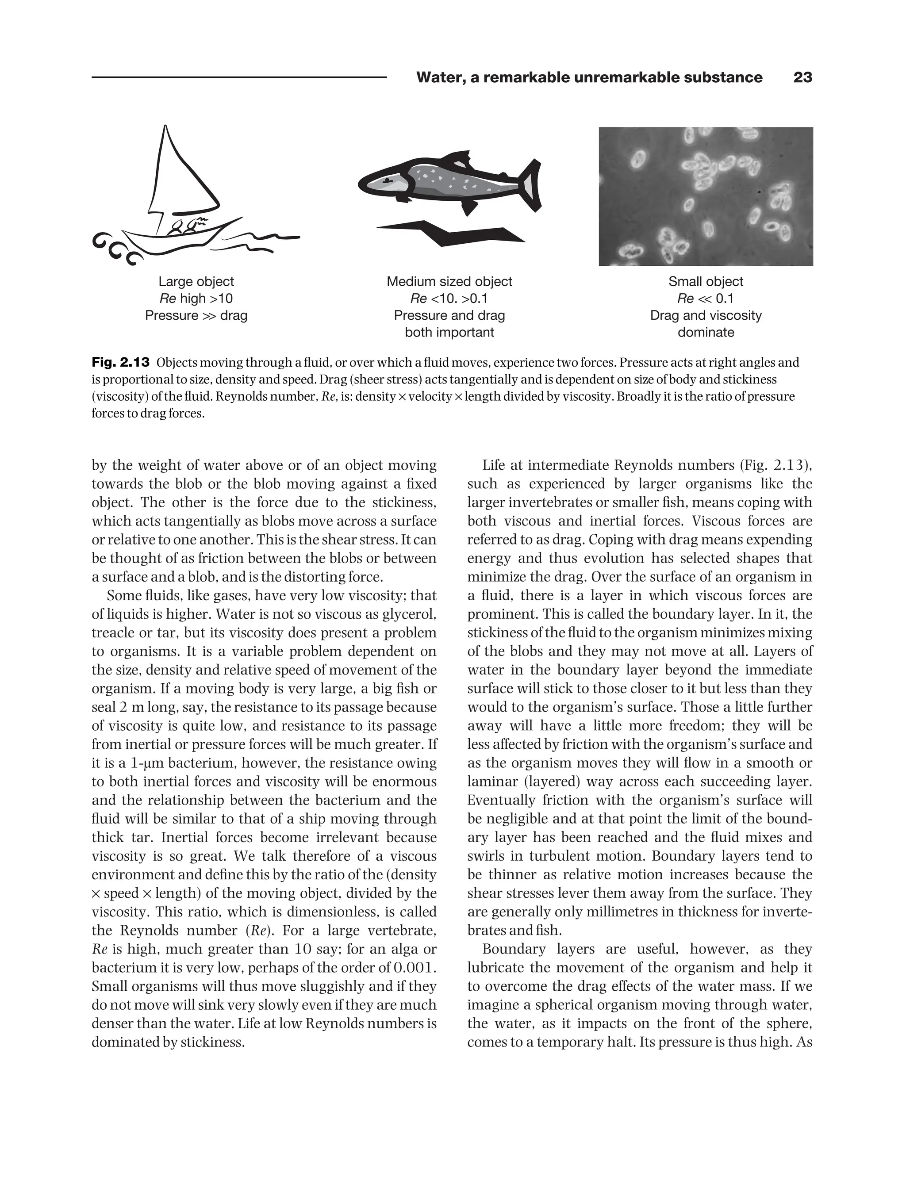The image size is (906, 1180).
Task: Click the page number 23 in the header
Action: [x=802, y=78]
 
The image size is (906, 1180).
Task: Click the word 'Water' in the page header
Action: [x=438, y=78]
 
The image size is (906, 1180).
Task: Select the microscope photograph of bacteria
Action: [x=706, y=196]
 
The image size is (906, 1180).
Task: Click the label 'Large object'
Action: [x=196, y=281]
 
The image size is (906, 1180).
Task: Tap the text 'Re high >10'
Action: [x=196, y=298]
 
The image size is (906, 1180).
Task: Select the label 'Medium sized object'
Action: [x=449, y=281]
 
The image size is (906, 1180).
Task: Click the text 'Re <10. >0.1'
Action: [x=449, y=298]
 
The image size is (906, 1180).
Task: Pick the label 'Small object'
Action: [x=706, y=281]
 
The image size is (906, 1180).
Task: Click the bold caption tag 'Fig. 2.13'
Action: [x=120, y=362]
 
